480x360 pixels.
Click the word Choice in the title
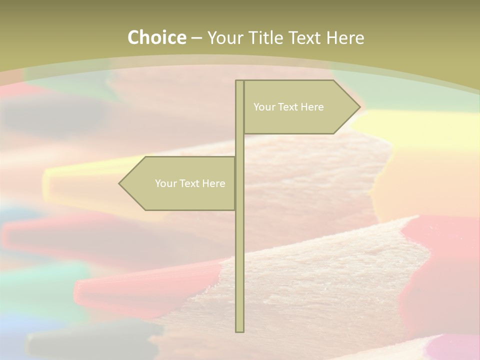[x=156, y=37]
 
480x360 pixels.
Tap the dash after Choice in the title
[x=196, y=38]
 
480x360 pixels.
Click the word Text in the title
[x=305, y=37]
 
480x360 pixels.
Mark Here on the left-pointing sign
[x=213, y=183]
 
